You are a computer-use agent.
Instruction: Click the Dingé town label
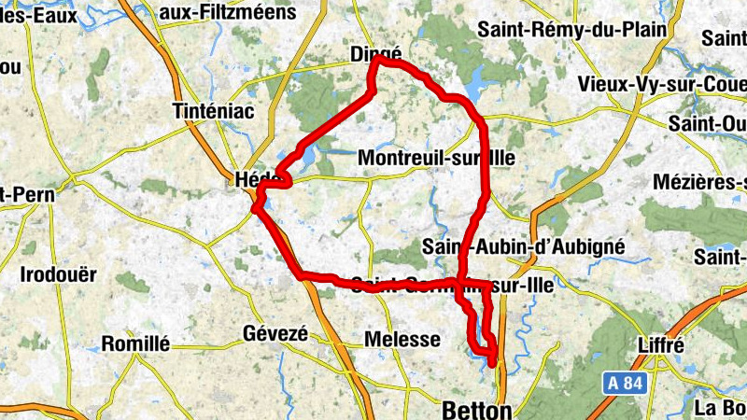pyautogui.click(x=375, y=54)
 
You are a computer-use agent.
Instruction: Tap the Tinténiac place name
pyautogui.click(x=214, y=111)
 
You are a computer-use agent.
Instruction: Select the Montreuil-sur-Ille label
pyautogui.click(x=436, y=158)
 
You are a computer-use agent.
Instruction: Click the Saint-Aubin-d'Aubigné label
pyautogui.click(x=523, y=246)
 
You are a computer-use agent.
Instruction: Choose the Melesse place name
pyautogui.click(x=402, y=340)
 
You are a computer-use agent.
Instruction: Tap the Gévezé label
pyautogui.click(x=275, y=333)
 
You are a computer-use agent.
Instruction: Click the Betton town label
pyautogui.click(x=476, y=410)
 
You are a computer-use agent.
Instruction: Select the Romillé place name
pyautogui.click(x=135, y=343)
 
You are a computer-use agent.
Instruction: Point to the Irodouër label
pyautogui.click(x=59, y=274)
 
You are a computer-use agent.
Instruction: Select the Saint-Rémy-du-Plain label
pyautogui.click(x=572, y=29)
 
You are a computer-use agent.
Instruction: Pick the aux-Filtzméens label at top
pyautogui.click(x=227, y=12)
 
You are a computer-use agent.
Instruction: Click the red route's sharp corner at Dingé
pyautogui.click(x=373, y=61)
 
